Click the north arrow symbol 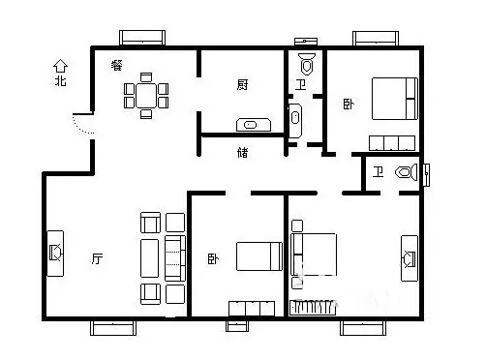tap(60, 66)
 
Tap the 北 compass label tap(60, 80)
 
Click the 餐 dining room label tap(117, 65)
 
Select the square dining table tap(146, 96)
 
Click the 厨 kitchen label tap(242, 85)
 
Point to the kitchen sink tap(254, 125)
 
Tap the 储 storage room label tap(243, 152)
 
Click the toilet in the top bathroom tap(307, 64)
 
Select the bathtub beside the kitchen tap(295, 120)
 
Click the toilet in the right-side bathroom tap(407, 172)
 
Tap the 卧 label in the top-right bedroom tap(349, 105)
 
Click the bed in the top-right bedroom tap(395, 99)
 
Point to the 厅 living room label tap(97, 258)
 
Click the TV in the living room tap(55, 254)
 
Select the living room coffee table tap(150, 258)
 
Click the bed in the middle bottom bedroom tap(259, 256)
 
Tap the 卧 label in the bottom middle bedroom tap(213, 258)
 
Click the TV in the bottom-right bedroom tap(410, 258)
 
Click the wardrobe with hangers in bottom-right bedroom tap(313, 308)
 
